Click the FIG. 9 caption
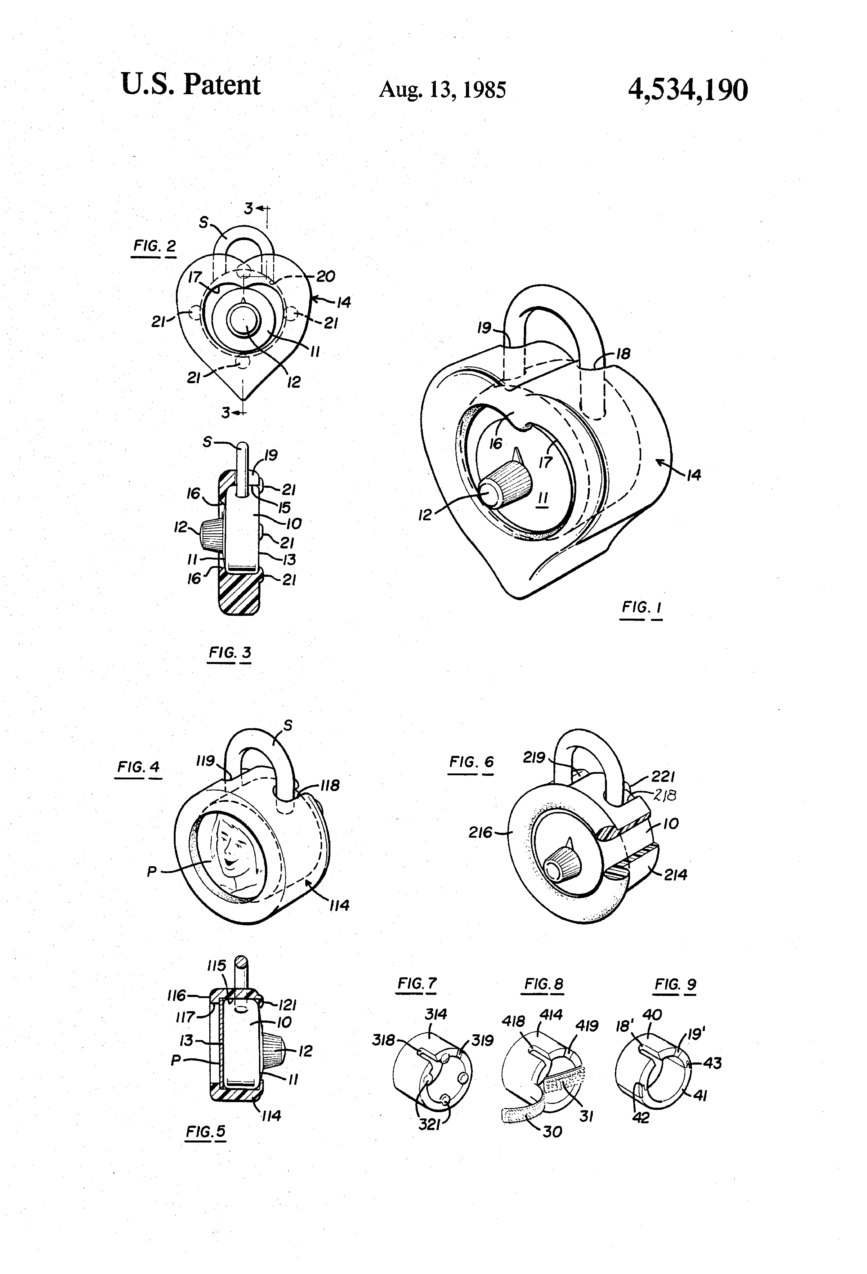675,984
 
